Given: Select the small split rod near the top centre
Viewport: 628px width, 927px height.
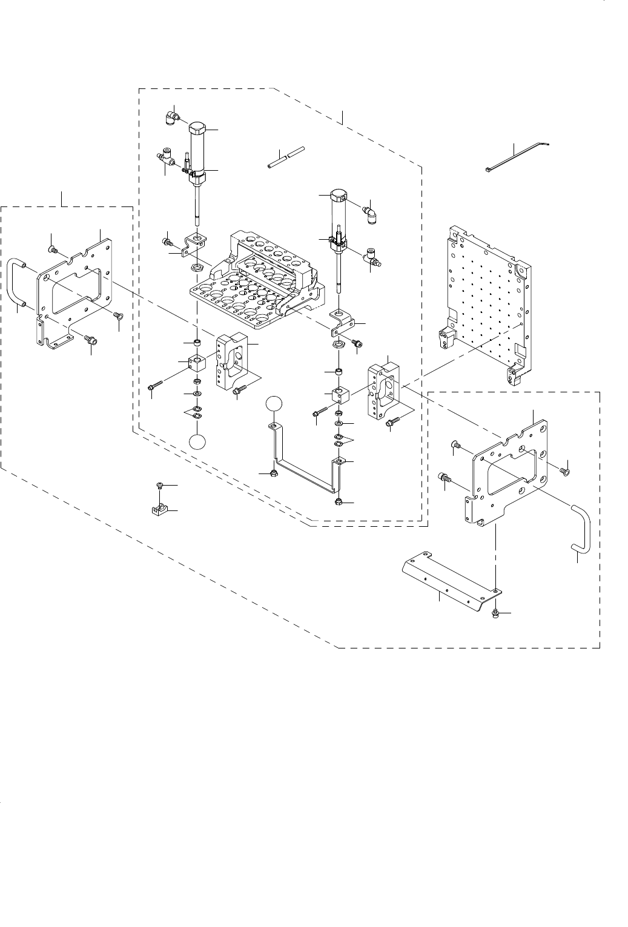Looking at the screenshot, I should [x=285, y=157].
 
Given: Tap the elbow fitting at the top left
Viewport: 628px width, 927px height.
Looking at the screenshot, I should [x=171, y=116].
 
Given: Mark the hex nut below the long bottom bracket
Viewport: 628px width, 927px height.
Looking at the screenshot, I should [x=495, y=614].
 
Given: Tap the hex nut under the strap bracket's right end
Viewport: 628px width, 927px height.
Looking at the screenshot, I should [x=338, y=502].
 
